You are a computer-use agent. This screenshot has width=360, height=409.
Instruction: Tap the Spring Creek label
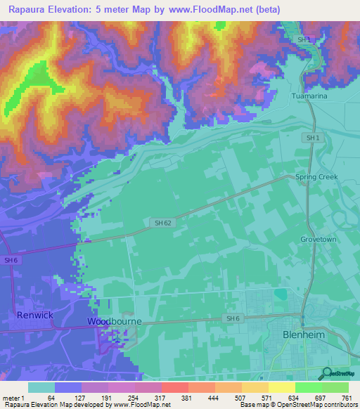(x=316, y=177)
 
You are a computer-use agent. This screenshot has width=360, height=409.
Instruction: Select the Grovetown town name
(x=320, y=239)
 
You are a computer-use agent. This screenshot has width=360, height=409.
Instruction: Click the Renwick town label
(x=35, y=316)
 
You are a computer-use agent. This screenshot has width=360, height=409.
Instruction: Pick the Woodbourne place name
(x=115, y=321)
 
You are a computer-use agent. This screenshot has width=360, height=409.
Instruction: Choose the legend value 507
(x=241, y=397)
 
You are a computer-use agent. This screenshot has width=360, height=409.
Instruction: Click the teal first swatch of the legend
(x=41, y=387)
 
